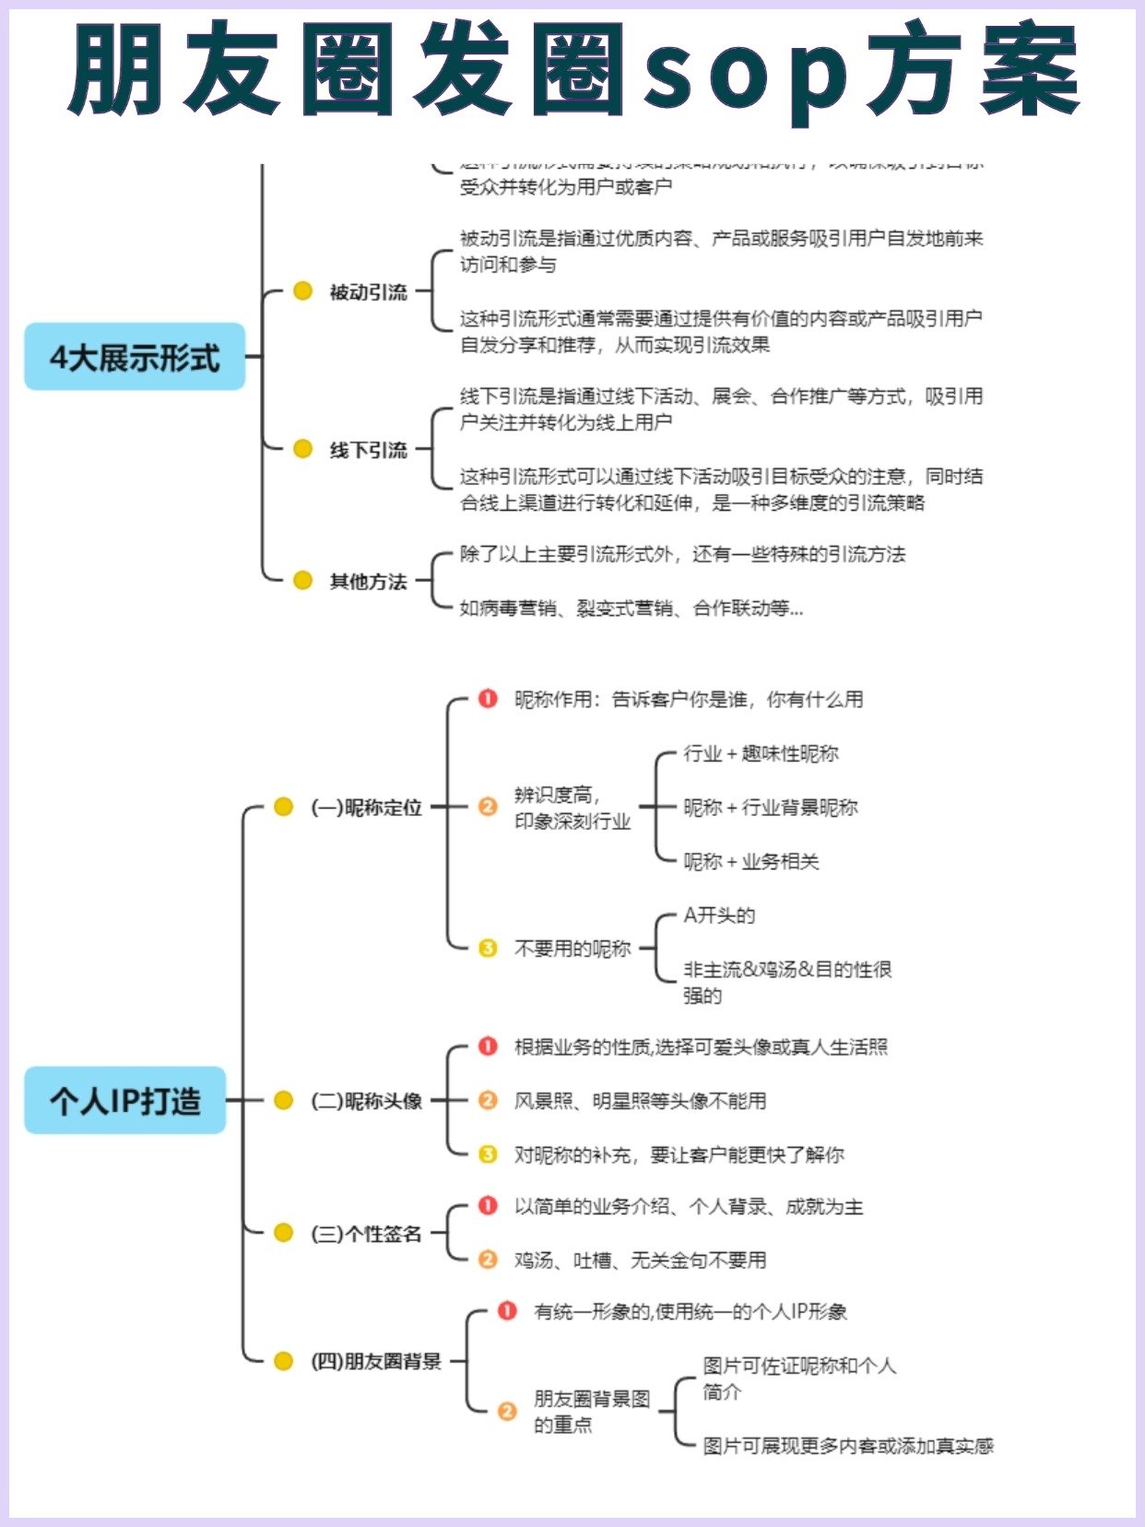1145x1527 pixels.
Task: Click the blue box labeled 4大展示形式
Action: click(135, 357)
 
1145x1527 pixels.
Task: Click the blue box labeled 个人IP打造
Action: click(125, 1100)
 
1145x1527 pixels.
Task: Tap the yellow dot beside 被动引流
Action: click(302, 291)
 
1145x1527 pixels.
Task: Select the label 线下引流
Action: click(368, 450)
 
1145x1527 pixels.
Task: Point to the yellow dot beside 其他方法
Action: click(302, 581)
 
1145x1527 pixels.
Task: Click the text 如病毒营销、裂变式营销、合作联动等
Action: click(631, 609)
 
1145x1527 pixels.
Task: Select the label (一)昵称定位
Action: click(366, 808)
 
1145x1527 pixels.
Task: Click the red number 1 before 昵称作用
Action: click(488, 699)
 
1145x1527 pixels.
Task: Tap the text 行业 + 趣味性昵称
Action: click(761, 753)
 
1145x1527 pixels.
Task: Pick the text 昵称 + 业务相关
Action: click(750, 861)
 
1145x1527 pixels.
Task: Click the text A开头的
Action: click(719, 916)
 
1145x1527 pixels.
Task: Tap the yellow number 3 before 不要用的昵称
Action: click(488, 948)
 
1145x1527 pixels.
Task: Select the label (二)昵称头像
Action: click(366, 1101)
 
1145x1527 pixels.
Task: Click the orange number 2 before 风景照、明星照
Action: click(488, 1100)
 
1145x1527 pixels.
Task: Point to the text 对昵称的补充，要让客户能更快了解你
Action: click(679, 1154)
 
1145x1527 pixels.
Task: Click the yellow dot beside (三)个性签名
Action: click(284, 1233)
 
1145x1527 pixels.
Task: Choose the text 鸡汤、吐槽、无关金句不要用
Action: click(640, 1260)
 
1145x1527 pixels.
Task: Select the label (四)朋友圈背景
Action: click(376, 1361)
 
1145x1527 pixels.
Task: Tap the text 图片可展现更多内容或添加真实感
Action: click(847, 1446)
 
